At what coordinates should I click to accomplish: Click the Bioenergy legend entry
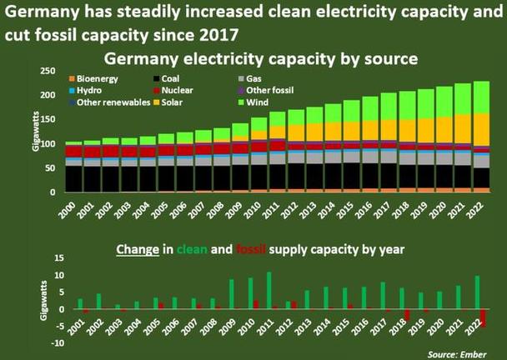pos(93,79)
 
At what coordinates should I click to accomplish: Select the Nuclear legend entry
pos(173,91)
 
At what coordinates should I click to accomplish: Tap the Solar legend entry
pos(168,102)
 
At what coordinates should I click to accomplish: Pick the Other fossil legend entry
pos(266,91)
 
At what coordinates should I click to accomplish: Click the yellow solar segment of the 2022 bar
pos(481,130)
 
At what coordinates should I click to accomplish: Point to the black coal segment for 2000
pos(74,179)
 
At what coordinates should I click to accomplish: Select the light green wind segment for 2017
pos(389,107)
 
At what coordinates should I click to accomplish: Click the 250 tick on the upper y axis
pos(48,71)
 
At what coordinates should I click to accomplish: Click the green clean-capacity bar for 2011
pos(269,291)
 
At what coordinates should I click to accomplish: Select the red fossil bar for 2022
pos(484,318)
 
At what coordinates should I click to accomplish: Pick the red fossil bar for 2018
pos(407,315)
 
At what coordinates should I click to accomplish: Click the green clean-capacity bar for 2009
pos(232,294)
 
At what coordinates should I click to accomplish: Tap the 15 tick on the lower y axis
pos(60,258)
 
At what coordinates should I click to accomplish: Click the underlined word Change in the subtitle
pos(138,250)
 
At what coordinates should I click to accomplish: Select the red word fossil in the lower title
pos(251,250)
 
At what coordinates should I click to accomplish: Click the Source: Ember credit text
pos(457,354)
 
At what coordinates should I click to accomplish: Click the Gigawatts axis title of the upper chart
pos(36,131)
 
